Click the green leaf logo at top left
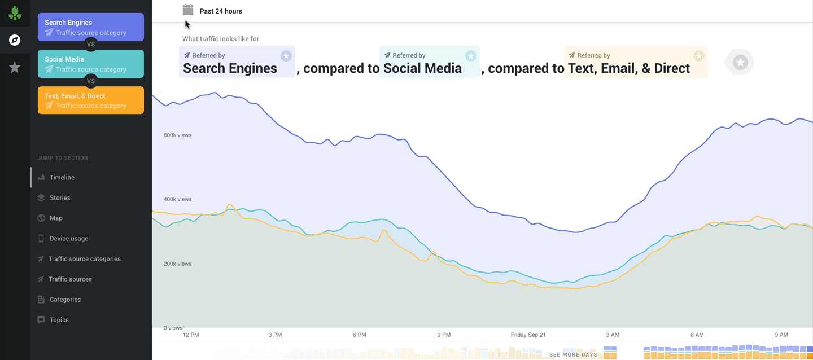click(x=15, y=13)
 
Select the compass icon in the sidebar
click(x=15, y=40)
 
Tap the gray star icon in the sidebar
click(x=15, y=68)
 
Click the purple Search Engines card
click(x=91, y=27)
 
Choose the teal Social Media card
click(x=91, y=64)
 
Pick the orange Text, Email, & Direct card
click(x=91, y=100)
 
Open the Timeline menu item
click(x=62, y=177)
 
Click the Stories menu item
click(x=60, y=197)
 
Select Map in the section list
click(x=56, y=218)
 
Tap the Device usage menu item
click(x=68, y=238)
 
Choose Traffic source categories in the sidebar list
click(x=84, y=258)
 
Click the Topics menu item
click(x=59, y=319)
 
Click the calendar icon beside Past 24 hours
click(x=188, y=10)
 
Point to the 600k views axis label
click(x=177, y=135)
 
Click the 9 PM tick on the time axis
click(x=443, y=335)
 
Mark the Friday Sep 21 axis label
click(x=528, y=335)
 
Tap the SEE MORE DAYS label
click(x=573, y=355)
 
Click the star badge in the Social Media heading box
click(x=471, y=55)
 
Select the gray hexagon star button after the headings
click(x=741, y=62)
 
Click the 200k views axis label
click(x=177, y=264)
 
